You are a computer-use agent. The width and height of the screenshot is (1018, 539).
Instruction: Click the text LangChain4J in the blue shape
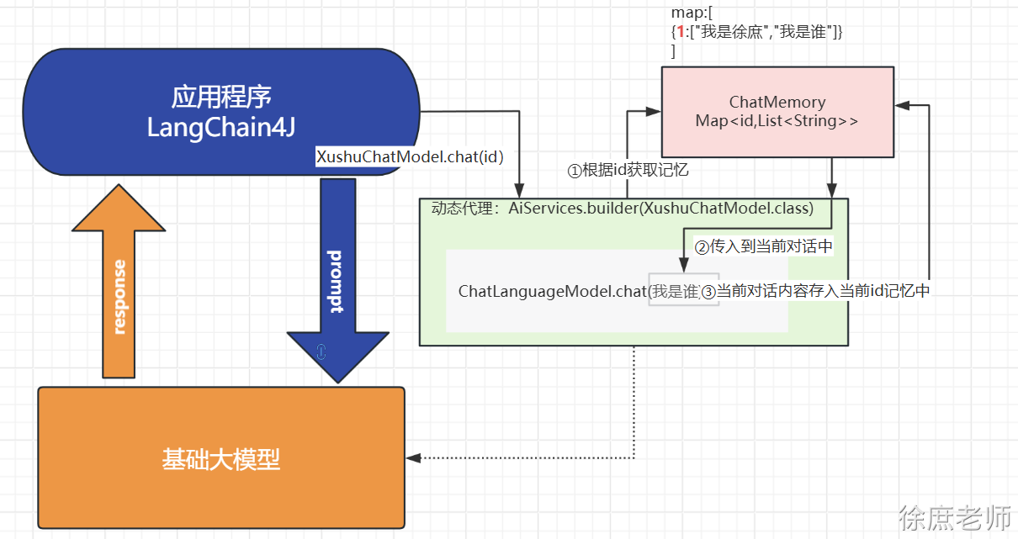(220, 128)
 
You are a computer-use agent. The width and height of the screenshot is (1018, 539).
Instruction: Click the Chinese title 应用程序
(221, 97)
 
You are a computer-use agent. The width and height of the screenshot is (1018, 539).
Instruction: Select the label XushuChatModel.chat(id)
(409, 157)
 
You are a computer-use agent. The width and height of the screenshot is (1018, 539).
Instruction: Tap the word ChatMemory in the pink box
(777, 102)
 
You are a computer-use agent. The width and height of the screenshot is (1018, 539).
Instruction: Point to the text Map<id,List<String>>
(777, 121)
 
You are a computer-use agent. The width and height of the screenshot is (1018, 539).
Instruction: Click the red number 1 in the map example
(681, 32)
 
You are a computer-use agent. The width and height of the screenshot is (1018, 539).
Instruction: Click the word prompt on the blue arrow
(336, 281)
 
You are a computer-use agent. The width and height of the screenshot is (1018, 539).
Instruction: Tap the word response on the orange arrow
(119, 297)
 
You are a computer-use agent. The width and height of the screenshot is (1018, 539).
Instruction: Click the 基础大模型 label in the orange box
(220, 459)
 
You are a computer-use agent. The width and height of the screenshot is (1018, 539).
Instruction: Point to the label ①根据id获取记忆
(628, 171)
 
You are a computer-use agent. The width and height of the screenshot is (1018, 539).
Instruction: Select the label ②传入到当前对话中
(763, 247)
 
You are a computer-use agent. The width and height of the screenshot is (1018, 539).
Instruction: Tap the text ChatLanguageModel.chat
(551, 291)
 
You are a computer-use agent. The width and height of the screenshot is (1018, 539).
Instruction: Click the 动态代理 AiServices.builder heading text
(622, 209)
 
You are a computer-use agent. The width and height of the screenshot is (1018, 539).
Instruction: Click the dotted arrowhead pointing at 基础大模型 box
(412, 458)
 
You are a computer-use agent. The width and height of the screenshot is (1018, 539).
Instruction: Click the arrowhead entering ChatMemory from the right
(901, 105)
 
